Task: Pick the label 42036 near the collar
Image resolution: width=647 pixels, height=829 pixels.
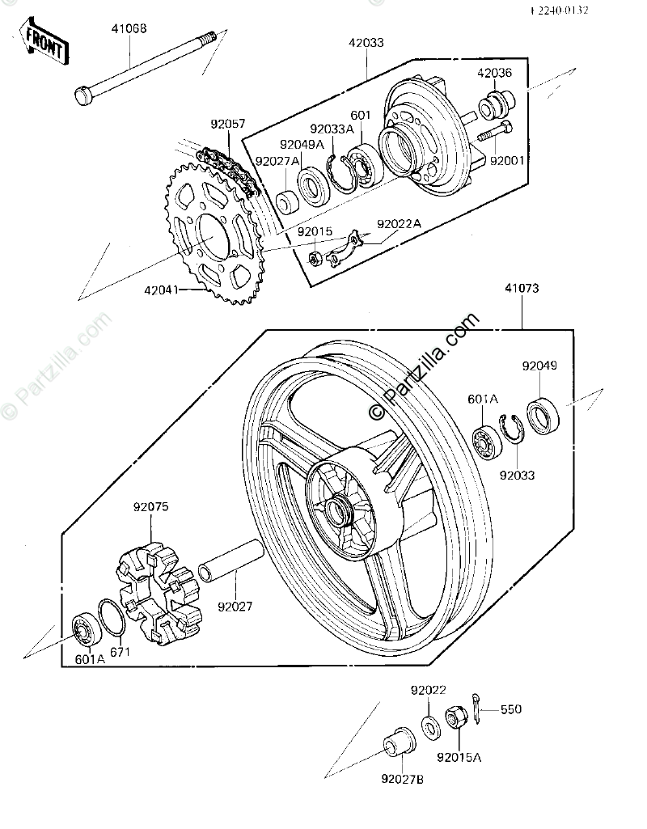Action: (495, 72)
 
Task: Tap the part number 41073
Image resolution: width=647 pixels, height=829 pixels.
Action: (522, 287)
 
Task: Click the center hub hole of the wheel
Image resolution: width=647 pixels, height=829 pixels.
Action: (335, 510)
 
